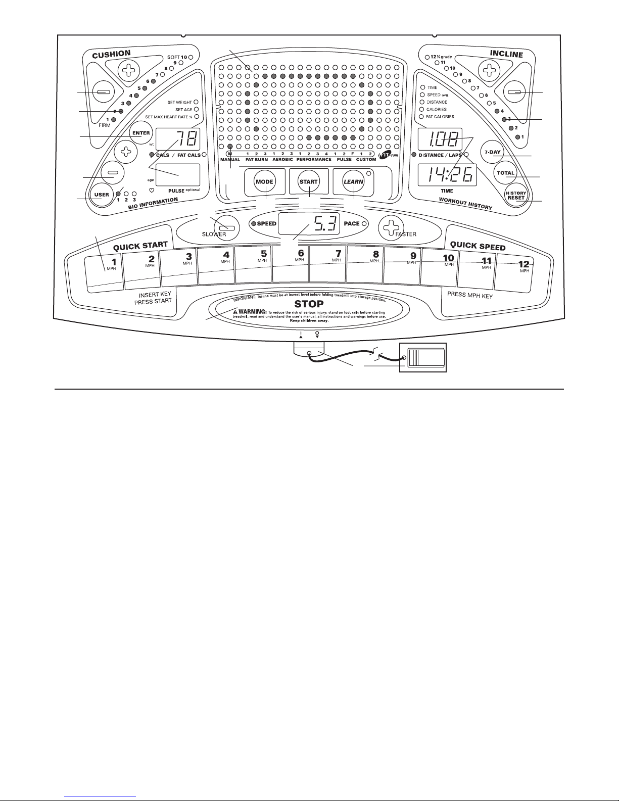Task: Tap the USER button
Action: pyautogui.click(x=102, y=195)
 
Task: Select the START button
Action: pyautogui.click(x=308, y=181)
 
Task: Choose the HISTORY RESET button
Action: pyautogui.click(x=516, y=195)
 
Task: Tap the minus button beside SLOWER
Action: pyautogui.click(x=223, y=225)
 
